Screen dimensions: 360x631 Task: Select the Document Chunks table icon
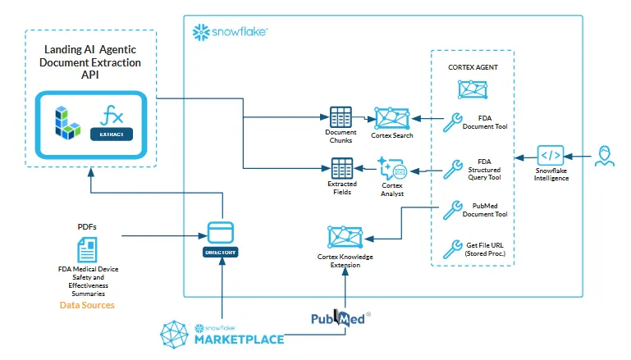click(x=340, y=116)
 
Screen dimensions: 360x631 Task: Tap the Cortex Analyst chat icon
click(x=392, y=170)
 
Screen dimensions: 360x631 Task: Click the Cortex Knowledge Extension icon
click(x=345, y=238)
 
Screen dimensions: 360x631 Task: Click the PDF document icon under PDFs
click(x=86, y=250)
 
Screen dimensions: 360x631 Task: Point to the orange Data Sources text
click(x=87, y=305)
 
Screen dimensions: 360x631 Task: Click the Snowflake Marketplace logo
click(x=222, y=335)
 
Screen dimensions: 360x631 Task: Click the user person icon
click(x=605, y=155)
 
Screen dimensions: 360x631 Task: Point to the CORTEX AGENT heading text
click(x=472, y=67)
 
